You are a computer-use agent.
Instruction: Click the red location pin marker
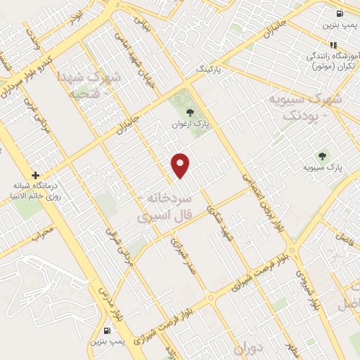pyautogui.click(x=181, y=165)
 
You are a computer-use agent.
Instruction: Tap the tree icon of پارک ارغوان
pyautogui.click(x=188, y=112)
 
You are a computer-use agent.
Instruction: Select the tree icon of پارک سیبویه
pyautogui.click(x=323, y=156)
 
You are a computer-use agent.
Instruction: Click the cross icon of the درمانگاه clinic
pyautogui.click(x=35, y=174)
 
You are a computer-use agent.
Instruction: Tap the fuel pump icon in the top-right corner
pyautogui.click(x=340, y=13)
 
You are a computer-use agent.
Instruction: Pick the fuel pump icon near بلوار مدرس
pyautogui.click(x=106, y=330)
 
